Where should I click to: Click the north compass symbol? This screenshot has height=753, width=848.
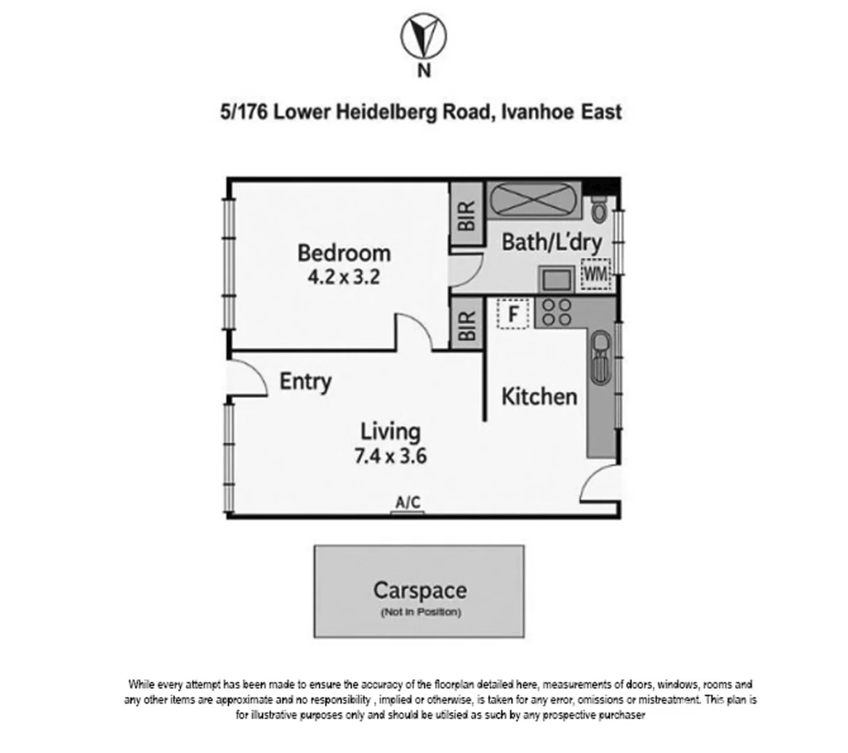click(423, 37)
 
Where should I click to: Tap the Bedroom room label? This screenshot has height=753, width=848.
click(344, 252)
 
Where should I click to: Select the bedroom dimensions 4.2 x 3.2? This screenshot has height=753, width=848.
click(344, 277)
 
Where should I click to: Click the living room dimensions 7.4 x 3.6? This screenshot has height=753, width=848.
click(391, 457)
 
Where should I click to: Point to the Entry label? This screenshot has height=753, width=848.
click(305, 381)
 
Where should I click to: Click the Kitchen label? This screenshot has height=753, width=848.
click(539, 397)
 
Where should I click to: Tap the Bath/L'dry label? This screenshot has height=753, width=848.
click(551, 242)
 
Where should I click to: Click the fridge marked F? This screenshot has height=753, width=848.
click(513, 314)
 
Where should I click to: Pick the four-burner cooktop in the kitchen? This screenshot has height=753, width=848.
click(556, 312)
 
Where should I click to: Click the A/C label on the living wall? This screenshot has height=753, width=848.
click(408, 502)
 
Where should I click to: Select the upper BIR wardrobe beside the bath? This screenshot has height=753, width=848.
click(466, 215)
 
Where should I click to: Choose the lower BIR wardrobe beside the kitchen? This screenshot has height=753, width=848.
click(466, 324)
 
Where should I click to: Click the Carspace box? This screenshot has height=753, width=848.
click(418, 591)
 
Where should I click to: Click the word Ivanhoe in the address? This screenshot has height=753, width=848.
click(537, 112)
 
